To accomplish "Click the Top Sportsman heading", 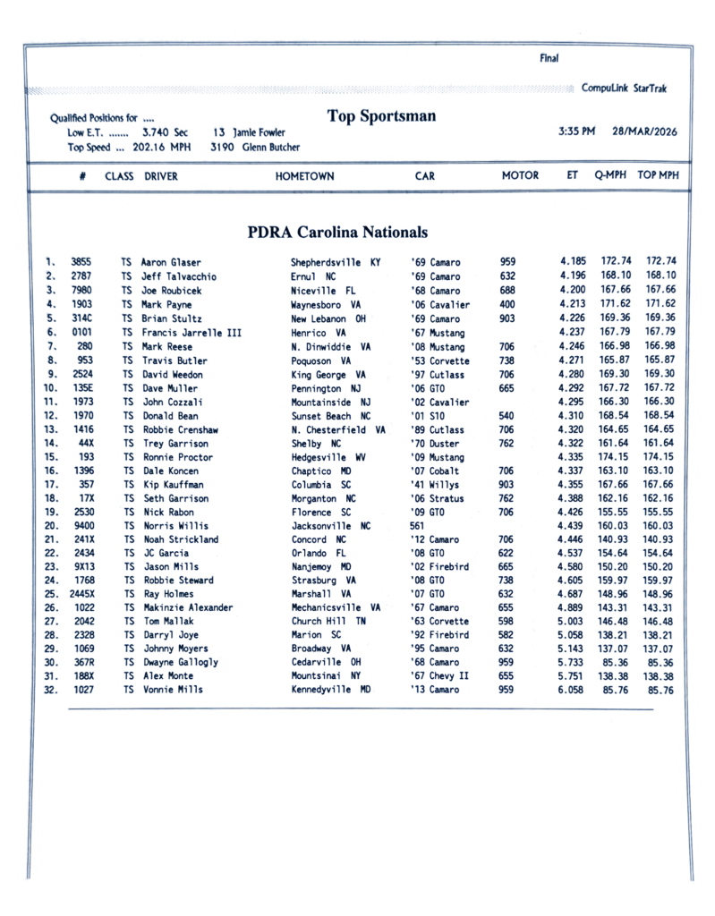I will [x=381, y=116].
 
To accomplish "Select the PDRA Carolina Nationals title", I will [x=337, y=233].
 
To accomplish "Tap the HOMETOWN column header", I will [x=304, y=176].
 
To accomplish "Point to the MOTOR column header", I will [x=520, y=176].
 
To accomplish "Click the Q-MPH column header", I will [x=610, y=176].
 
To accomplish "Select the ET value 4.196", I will [x=573, y=276].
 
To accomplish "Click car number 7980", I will [x=81, y=291].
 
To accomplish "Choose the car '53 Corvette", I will [x=438, y=360].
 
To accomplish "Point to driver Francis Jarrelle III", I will [x=192, y=333].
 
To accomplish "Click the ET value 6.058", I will [x=573, y=691].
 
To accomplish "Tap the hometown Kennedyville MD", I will [x=331, y=691].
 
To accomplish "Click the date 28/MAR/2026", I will [x=644, y=131].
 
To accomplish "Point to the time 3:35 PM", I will [x=576, y=131].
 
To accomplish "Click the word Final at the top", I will [x=549, y=59].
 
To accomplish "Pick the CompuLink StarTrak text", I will [x=624, y=89].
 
